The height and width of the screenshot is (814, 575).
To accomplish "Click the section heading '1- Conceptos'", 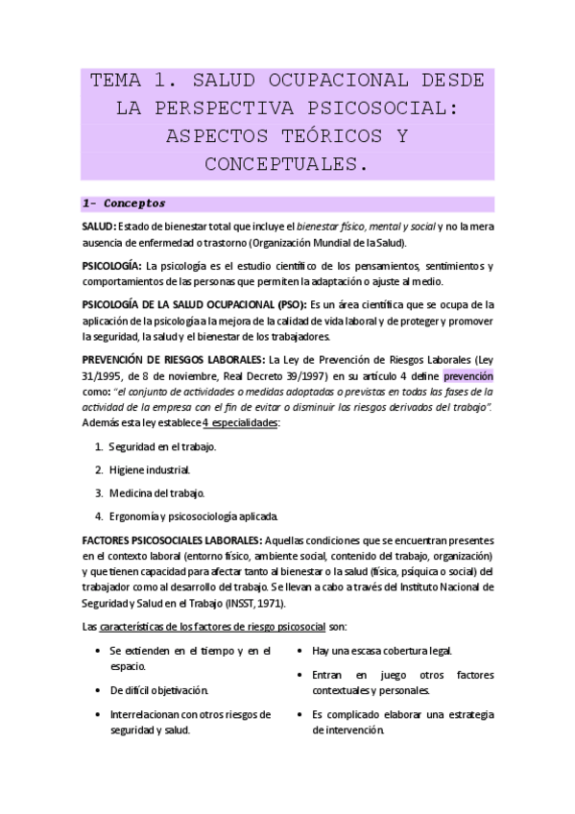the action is (x=125, y=203).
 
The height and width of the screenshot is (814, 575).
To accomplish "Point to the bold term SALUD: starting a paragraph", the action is (x=99, y=226).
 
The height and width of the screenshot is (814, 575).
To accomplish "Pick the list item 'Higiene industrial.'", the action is (x=149, y=470).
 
